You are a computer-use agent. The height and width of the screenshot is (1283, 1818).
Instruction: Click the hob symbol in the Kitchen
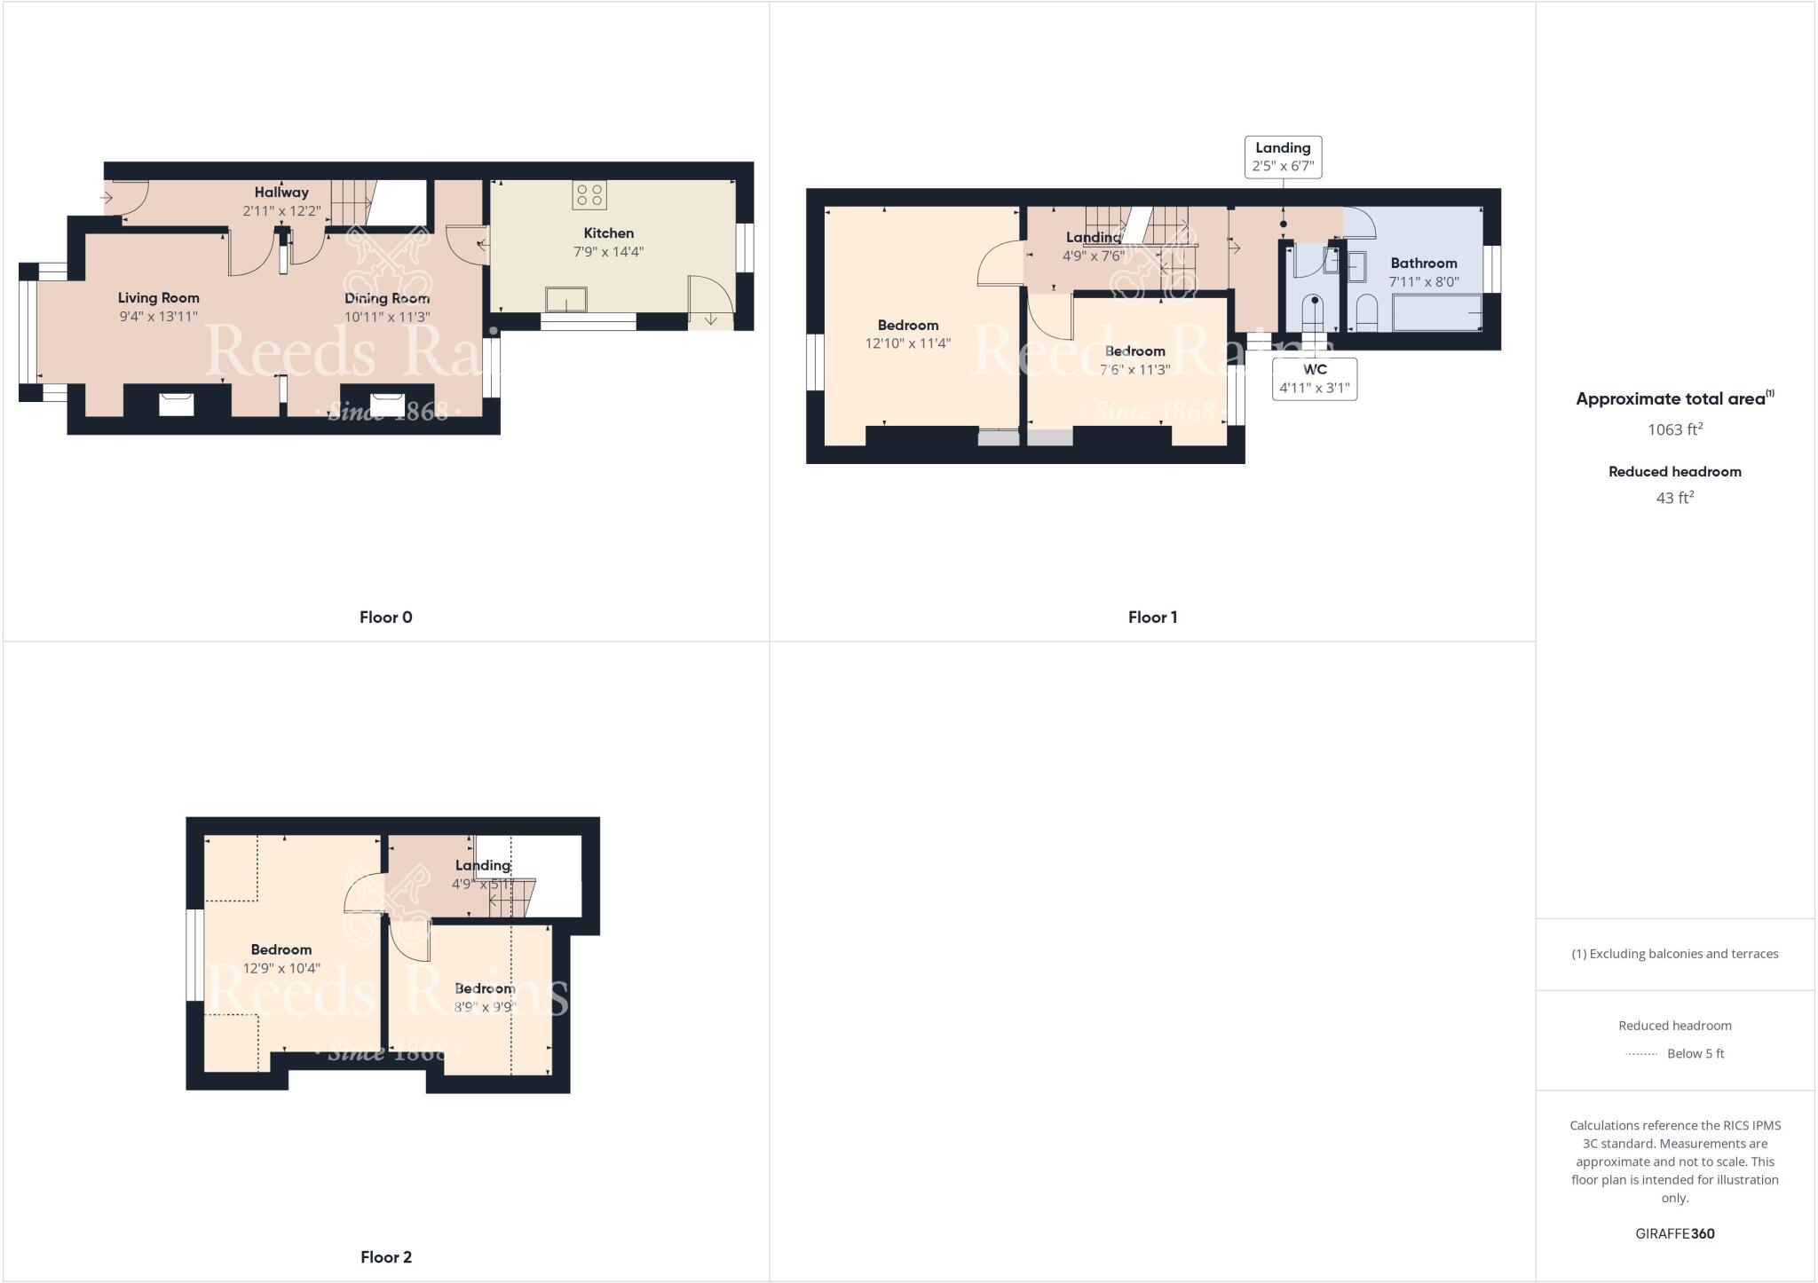pos(589,195)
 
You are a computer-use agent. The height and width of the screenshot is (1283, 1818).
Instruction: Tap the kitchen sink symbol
pos(566,300)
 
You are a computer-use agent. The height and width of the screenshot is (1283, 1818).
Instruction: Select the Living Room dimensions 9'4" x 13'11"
pos(159,317)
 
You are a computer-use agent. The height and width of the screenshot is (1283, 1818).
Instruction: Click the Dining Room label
pos(387,298)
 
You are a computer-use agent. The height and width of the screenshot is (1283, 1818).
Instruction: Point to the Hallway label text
pos(281,193)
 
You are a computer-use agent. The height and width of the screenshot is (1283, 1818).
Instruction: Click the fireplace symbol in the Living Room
pos(177,404)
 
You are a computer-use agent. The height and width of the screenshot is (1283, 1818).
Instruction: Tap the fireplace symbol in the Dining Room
pos(387,404)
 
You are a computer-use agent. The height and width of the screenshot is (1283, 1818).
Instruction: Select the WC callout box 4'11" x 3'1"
pos(1315,379)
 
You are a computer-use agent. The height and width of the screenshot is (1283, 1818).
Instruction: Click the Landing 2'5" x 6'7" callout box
pos(1283,157)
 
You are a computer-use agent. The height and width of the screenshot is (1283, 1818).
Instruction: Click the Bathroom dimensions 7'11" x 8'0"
pos(1424,282)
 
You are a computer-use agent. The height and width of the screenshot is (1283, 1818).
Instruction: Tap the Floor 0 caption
pos(385,618)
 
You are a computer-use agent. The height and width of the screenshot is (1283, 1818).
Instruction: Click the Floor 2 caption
pos(385,1257)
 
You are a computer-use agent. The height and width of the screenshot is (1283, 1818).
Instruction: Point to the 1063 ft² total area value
pos(1674,429)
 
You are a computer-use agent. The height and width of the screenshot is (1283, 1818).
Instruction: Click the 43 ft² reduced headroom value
pos(1674,498)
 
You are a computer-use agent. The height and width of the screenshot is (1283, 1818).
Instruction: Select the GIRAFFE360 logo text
pos(1674,1234)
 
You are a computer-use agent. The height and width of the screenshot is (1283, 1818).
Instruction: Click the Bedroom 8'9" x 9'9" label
pos(485,997)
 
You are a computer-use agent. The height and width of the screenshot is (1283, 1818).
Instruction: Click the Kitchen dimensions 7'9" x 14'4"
pos(609,252)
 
